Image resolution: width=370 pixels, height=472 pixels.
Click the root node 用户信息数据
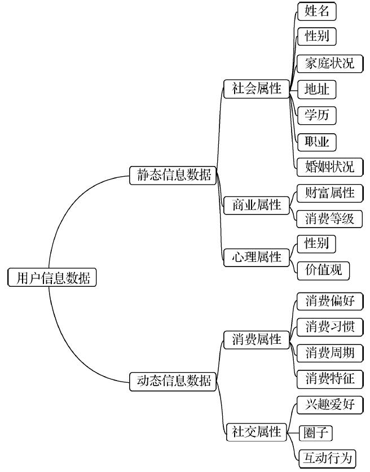tap(52, 278)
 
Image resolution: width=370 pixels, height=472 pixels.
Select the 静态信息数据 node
tap(173, 174)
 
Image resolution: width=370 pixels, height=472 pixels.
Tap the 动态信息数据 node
tap(173, 381)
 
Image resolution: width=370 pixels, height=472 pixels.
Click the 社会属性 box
tap(256, 89)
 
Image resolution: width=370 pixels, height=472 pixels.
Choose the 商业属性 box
tap(256, 205)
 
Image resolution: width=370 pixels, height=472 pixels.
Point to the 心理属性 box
tap(256, 257)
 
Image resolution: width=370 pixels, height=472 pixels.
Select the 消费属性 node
tap(256, 340)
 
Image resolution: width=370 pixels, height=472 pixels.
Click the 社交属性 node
tap(256, 432)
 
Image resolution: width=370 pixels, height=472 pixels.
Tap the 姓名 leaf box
tap(317, 11)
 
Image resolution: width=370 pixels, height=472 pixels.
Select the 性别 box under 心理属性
tap(317, 244)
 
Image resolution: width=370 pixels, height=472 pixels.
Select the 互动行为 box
tap(327, 458)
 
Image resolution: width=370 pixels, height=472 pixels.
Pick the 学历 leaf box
tap(317, 115)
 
